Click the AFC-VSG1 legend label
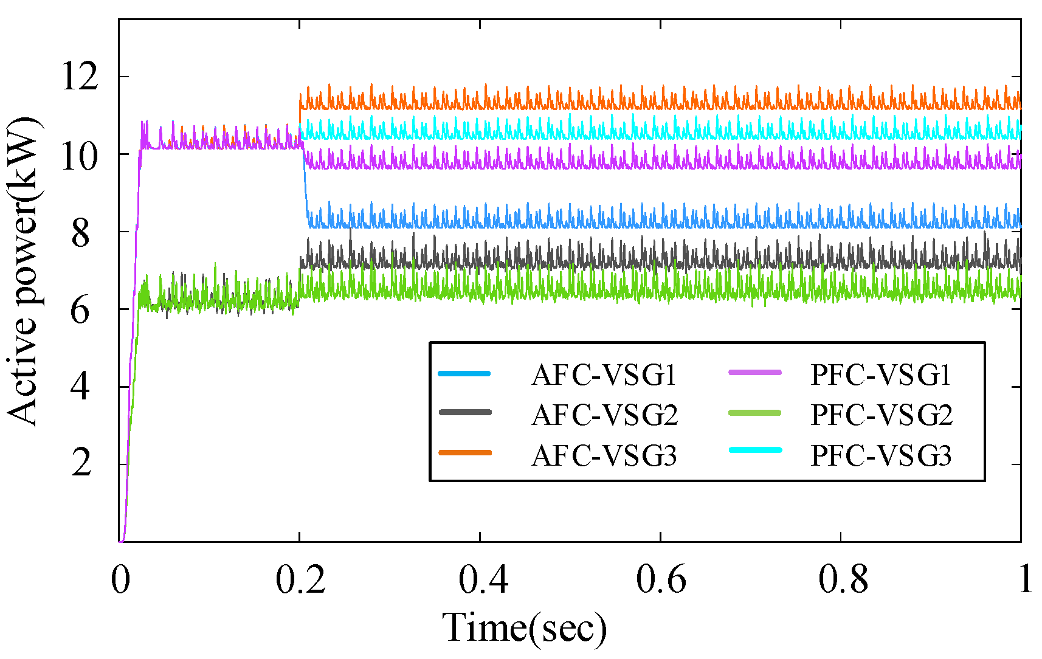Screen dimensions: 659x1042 604,375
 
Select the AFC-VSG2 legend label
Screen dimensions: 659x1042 604,415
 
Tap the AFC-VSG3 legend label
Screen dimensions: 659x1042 604,455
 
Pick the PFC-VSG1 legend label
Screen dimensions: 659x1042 880,375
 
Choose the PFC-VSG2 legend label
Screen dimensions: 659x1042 882,415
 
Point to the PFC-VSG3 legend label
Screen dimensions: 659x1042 880,455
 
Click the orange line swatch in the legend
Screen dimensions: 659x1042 464,452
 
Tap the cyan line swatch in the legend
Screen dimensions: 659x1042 754,450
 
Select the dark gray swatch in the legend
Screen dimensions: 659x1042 464,412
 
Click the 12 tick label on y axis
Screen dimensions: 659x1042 79,77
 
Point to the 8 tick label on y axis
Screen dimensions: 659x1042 81,233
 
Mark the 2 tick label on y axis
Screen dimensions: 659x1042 81,464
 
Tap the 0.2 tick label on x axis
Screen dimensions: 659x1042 300,579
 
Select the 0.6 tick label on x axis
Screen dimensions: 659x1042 661,579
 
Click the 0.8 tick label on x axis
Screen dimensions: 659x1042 842,579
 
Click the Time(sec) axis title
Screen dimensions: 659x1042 524,628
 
